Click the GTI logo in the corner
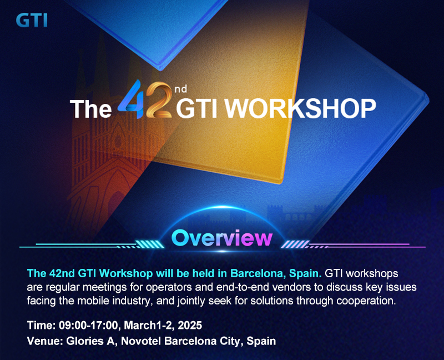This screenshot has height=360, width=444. [x=32, y=21]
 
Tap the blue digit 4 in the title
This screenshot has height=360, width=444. [x=130, y=99]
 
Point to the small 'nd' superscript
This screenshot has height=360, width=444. [x=181, y=89]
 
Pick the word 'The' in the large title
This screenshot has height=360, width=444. [x=91, y=108]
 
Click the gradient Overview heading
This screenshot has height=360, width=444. [x=222, y=238]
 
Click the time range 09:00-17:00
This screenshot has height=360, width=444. [x=88, y=325]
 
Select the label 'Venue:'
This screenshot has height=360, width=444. [x=45, y=341]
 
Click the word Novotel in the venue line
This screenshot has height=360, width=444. [x=141, y=341]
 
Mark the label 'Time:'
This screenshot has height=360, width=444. [x=41, y=325]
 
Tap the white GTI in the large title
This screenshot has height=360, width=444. [x=197, y=108]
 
